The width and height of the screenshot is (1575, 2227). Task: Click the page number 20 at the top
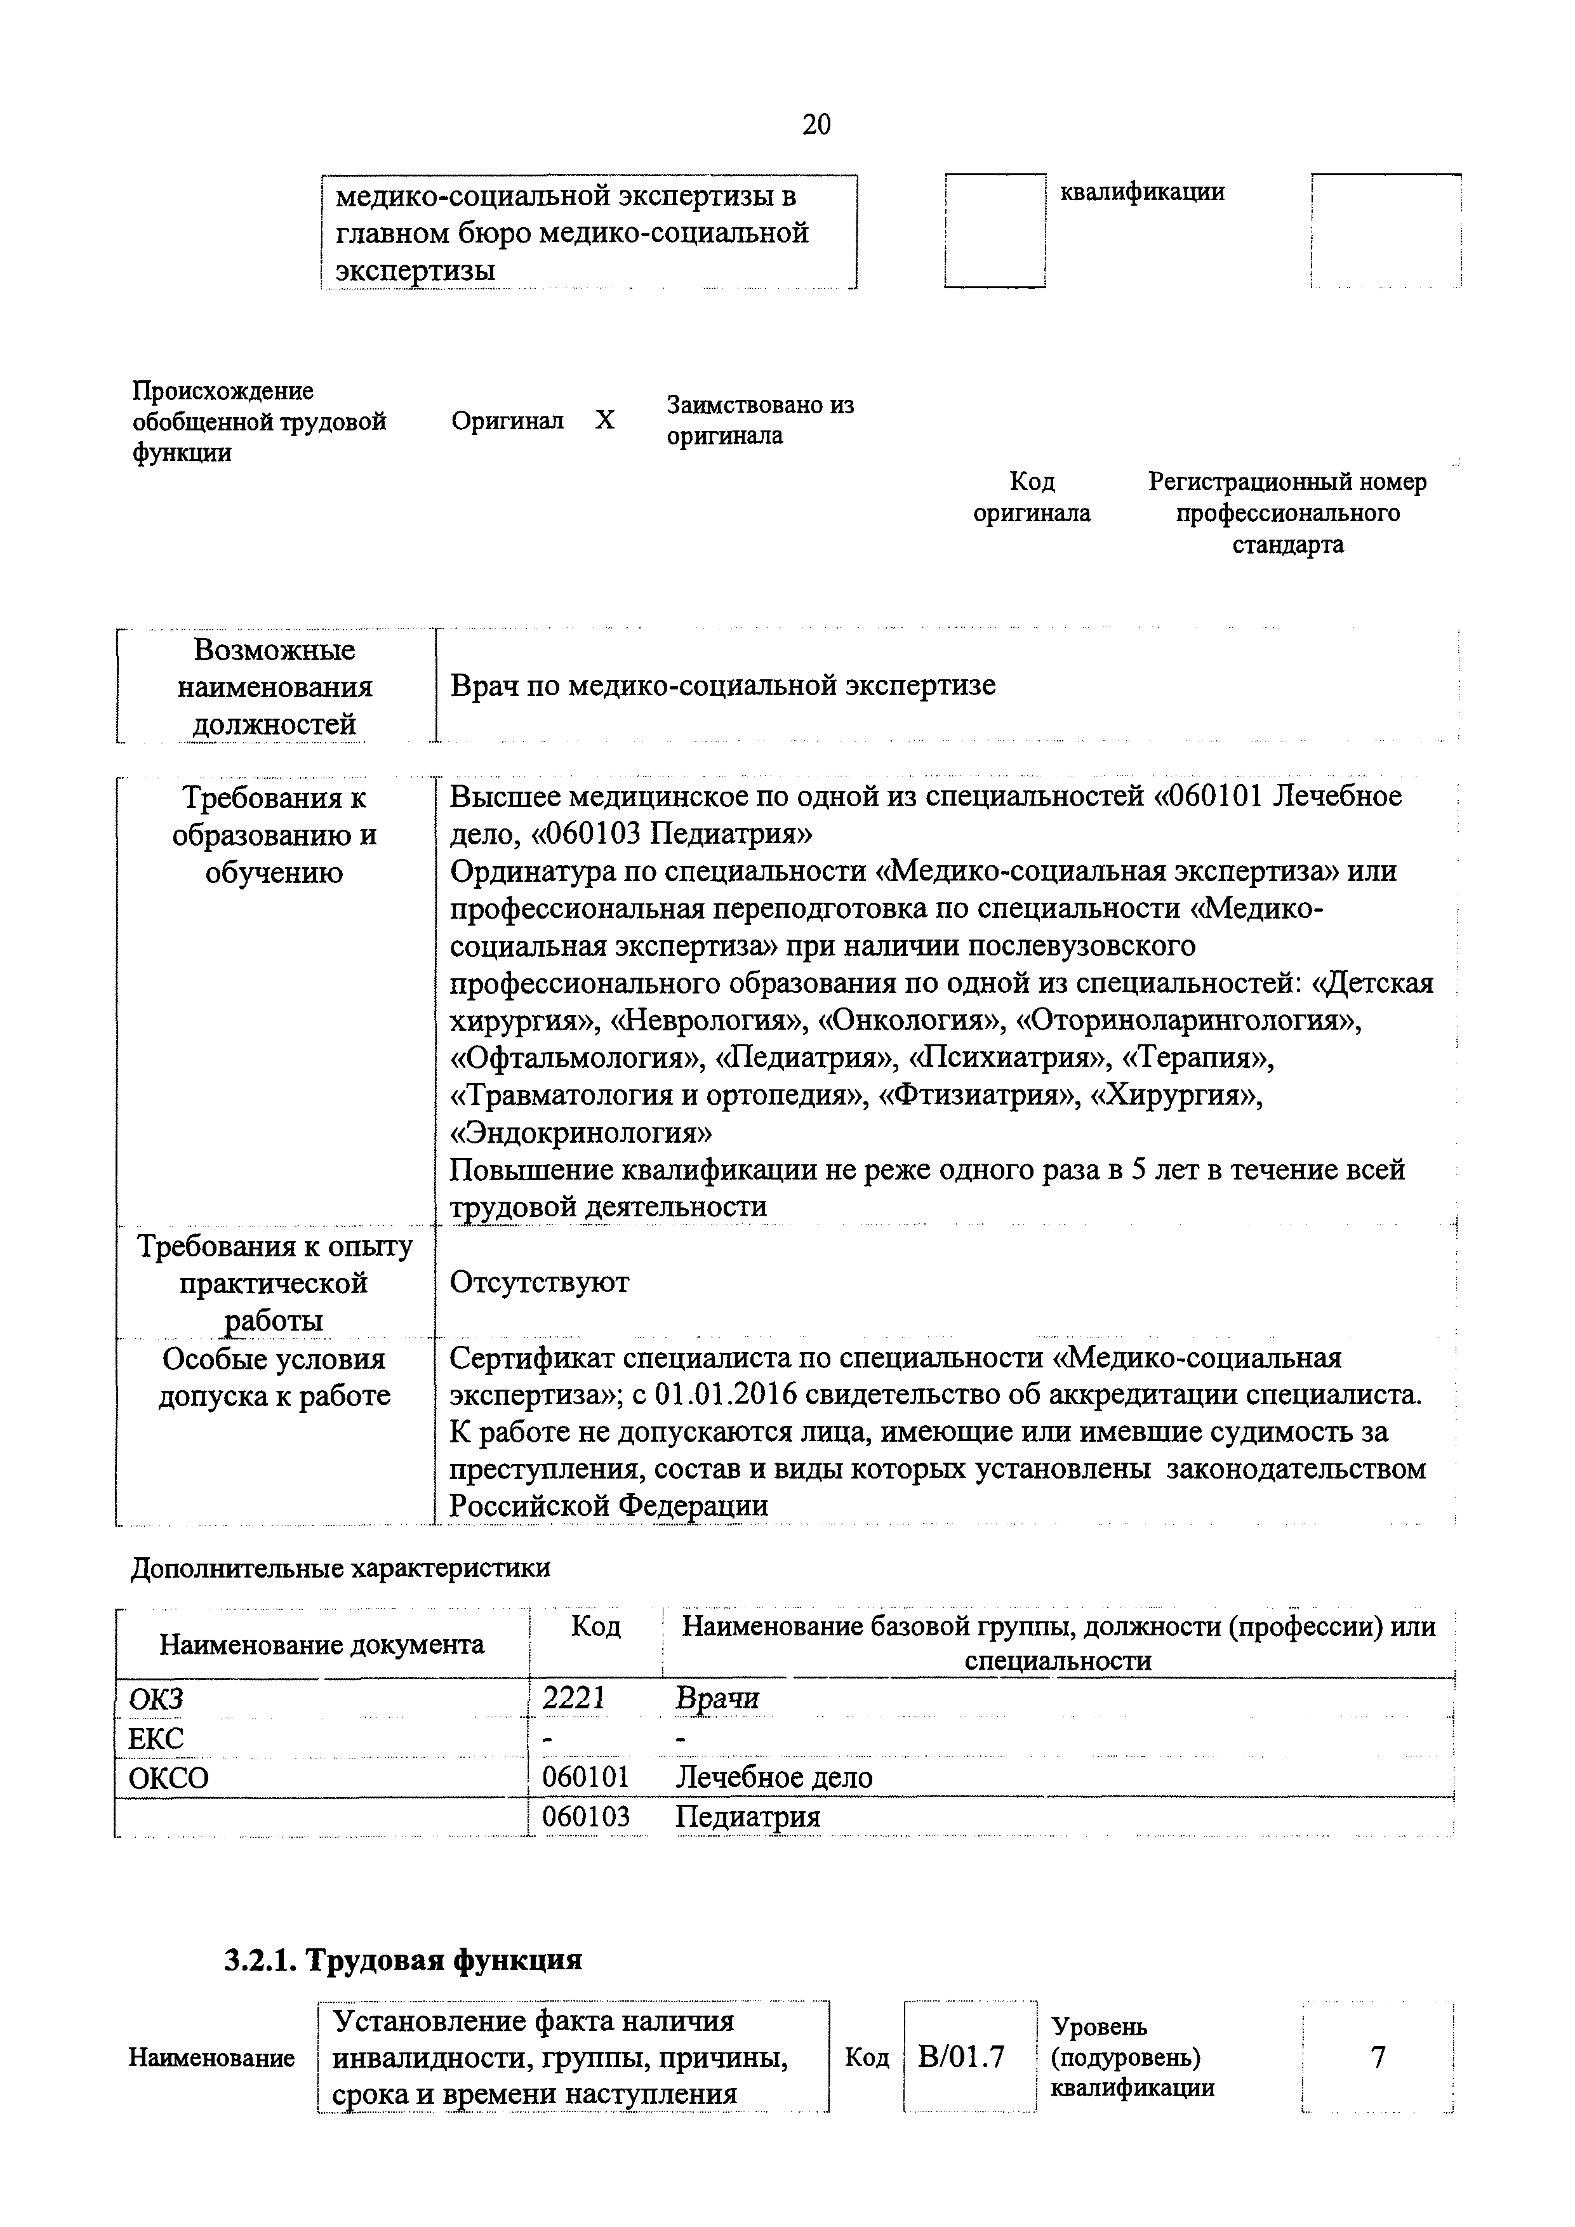[816, 124]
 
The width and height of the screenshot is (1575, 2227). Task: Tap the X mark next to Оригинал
[604, 421]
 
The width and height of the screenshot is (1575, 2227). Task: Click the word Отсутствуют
[539, 1282]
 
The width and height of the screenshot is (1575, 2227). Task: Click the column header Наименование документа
[322, 1644]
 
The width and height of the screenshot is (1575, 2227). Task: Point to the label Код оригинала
[1032, 496]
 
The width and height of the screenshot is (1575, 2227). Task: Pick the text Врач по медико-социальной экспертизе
[722, 686]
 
